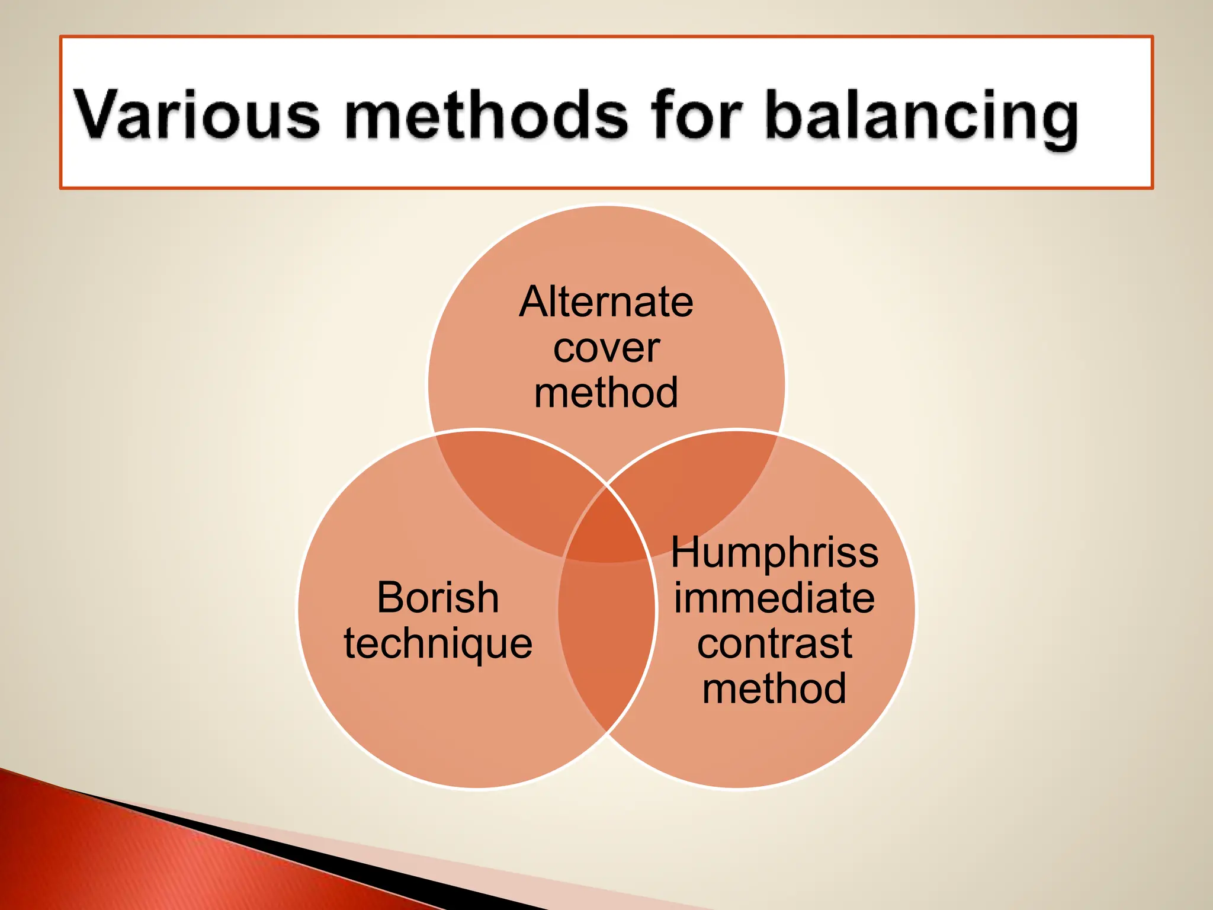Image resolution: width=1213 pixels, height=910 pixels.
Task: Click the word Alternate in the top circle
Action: click(606, 302)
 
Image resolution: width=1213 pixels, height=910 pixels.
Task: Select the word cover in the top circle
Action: click(606, 348)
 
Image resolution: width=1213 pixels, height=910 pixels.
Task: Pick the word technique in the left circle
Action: click(438, 644)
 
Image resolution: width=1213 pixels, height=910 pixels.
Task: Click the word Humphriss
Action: click(774, 552)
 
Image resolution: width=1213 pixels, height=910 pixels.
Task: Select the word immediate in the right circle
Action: click(774, 598)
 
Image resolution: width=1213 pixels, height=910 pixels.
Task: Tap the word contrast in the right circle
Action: click(774, 643)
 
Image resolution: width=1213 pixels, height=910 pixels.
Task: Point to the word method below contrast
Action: click(774, 688)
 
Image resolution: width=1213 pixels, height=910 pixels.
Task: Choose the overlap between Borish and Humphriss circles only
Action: click(607, 640)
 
